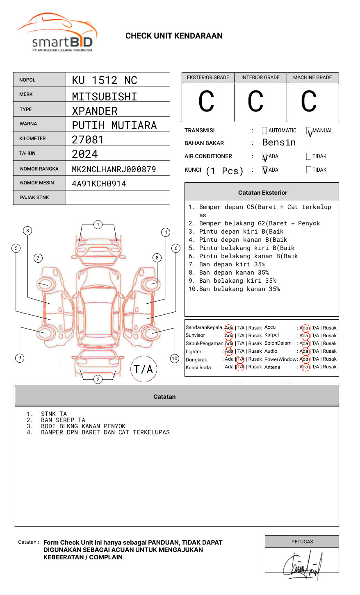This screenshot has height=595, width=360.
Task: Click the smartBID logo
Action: [57, 33]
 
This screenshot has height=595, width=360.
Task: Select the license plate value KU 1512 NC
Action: [105, 80]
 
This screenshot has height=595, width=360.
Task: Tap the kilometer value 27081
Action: [88, 140]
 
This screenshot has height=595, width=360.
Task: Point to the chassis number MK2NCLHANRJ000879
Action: [114, 169]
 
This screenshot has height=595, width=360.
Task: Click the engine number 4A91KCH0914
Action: [99, 184]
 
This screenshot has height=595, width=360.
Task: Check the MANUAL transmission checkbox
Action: [309, 131]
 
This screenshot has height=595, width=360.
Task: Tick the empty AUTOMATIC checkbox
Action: [264, 131]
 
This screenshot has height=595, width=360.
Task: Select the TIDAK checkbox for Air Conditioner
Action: [309, 157]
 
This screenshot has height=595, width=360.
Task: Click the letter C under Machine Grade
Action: [309, 102]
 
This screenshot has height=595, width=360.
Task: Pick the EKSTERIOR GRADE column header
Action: [208, 77]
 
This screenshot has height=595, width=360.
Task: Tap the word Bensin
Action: [279, 143]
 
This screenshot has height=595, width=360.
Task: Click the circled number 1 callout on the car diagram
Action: [98, 225]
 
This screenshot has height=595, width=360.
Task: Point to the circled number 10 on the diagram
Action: [175, 359]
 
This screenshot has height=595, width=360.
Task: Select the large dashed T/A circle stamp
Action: [144, 369]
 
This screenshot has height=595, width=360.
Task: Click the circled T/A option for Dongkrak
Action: [240, 359]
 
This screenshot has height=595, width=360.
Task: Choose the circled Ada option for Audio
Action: [304, 352]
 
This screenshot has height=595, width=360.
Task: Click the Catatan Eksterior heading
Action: [262, 193]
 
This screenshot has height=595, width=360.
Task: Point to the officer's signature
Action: [302, 566]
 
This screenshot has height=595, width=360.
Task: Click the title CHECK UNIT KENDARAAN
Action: [174, 36]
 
